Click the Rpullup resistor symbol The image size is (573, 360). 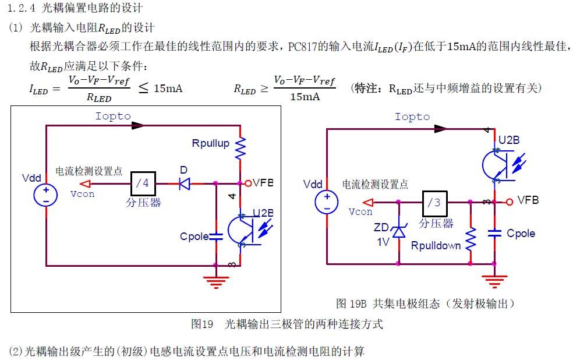click(x=240, y=148)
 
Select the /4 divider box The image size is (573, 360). click(x=142, y=183)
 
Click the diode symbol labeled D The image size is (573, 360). click(x=185, y=183)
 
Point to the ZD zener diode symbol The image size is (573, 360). click(x=399, y=231)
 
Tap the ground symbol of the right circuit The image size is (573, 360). click(x=494, y=282)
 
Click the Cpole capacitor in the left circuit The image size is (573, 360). click(x=215, y=237)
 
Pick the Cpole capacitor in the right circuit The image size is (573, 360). click(x=494, y=233)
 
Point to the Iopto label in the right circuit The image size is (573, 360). click(x=412, y=117)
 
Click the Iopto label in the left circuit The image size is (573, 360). click(x=113, y=116)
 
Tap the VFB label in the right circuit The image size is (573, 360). click(x=528, y=200)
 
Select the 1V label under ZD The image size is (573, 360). click(x=382, y=241)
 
